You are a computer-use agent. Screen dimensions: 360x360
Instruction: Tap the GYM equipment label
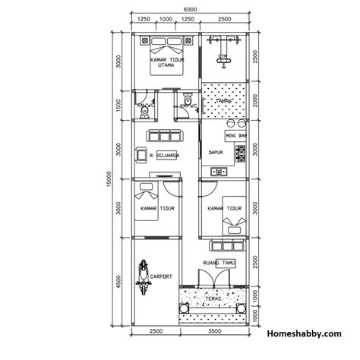pyautogui.click(x=223, y=55)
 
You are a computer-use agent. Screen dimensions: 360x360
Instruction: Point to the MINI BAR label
pyautogui.click(x=236, y=136)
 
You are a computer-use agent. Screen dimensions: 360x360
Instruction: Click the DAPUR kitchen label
pyautogui.click(x=216, y=152)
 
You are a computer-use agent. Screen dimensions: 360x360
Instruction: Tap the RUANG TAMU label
pyautogui.click(x=219, y=263)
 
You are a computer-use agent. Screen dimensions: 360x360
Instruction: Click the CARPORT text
pyautogui.click(x=162, y=276)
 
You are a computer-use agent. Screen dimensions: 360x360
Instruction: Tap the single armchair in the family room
pyautogui.click(x=141, y=155)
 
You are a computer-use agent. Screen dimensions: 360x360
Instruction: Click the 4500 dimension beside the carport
pyautogui.click(x=118, y=283)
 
